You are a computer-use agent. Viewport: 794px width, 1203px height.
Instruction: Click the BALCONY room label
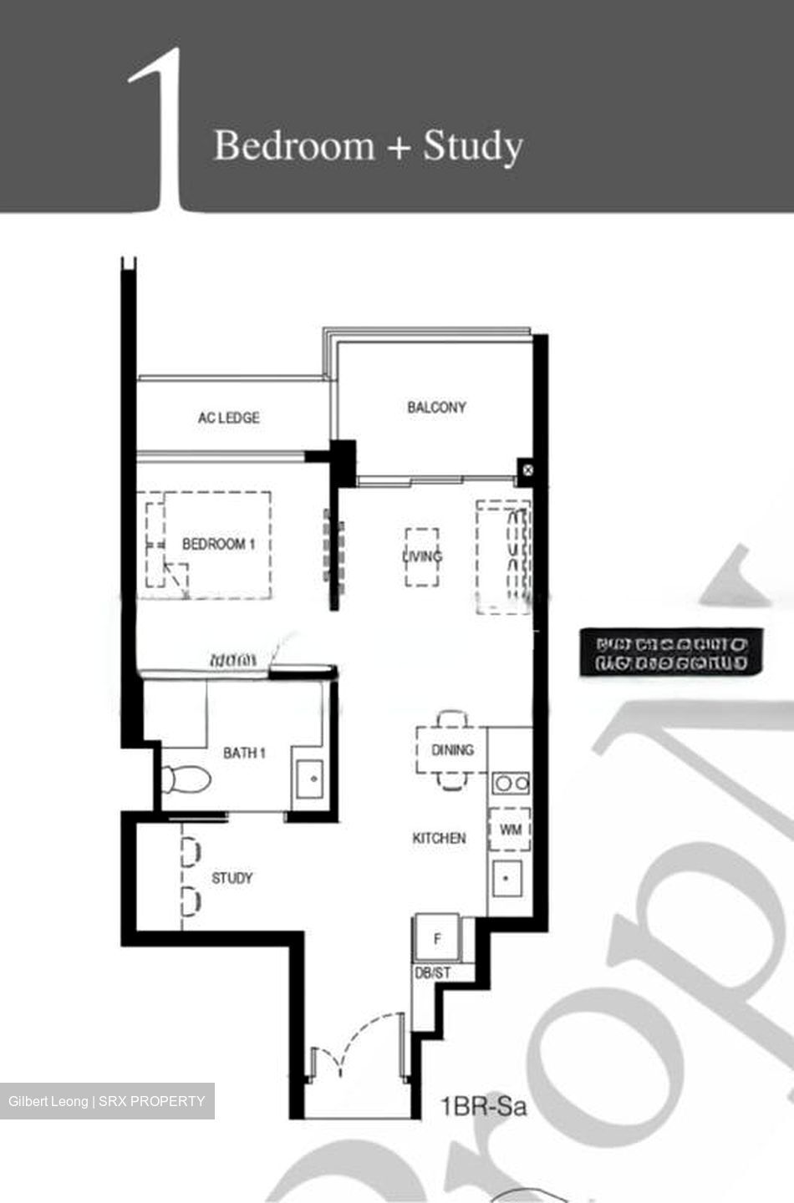coord(436,408)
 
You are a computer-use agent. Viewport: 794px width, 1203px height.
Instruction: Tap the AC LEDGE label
coord(228,418)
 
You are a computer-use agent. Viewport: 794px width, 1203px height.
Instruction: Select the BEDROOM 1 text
coord(219,544)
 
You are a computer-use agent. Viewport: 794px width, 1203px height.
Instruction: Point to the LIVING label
coord(422,556)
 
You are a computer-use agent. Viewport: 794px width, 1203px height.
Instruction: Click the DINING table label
coord(452,750)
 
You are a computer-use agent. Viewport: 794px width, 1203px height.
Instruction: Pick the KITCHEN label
coord(439,838)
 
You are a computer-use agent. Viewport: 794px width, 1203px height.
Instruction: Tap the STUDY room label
coord(232,878)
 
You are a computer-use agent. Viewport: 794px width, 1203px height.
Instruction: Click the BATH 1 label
coord(244,753)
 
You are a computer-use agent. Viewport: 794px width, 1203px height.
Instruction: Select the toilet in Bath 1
coord(185,779)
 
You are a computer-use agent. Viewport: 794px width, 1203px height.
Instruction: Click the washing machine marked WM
coord(510,830)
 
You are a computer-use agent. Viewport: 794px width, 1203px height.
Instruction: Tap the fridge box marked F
coord(437,939)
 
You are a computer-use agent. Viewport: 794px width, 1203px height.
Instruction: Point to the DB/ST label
coord(433,973)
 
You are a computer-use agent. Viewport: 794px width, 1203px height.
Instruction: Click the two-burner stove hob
coord(510,784)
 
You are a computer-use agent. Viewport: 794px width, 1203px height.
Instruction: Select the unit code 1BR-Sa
coord(484,1107)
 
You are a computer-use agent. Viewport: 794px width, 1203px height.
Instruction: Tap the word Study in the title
coord(472,146)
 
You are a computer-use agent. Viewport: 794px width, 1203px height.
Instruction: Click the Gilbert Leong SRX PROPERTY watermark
coord(107,1101)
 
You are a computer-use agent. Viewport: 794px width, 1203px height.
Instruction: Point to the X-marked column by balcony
coord(527,470)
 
